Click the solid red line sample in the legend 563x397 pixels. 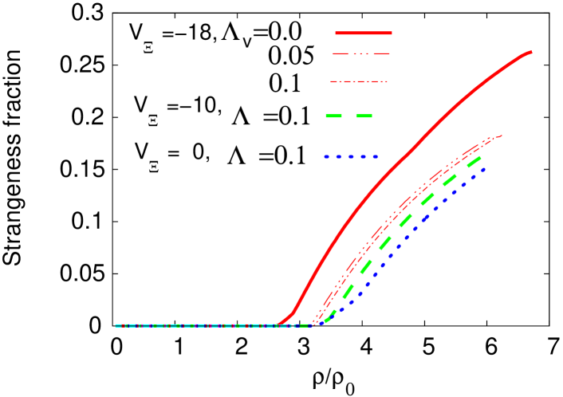(364, 33)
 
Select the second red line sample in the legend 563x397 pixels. (361, 53)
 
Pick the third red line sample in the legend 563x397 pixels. (359, 81)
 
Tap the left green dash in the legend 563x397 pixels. (333, 116)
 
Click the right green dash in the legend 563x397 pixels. (364, 116)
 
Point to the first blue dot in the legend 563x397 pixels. (327, 157)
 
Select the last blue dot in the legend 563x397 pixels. (375, 157)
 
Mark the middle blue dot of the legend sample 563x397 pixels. (351, 157)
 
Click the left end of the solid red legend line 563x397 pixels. (337, 33)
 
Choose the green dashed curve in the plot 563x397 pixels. (407, 217)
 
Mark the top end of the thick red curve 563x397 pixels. (530, 53)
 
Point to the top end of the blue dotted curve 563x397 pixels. (484, 169)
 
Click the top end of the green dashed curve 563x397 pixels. (480, 159)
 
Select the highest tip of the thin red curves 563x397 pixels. (501, 136)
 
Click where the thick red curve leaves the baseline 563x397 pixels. (279, 324)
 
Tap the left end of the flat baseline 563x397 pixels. (116, 325)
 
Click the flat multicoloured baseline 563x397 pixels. (199, 325)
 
